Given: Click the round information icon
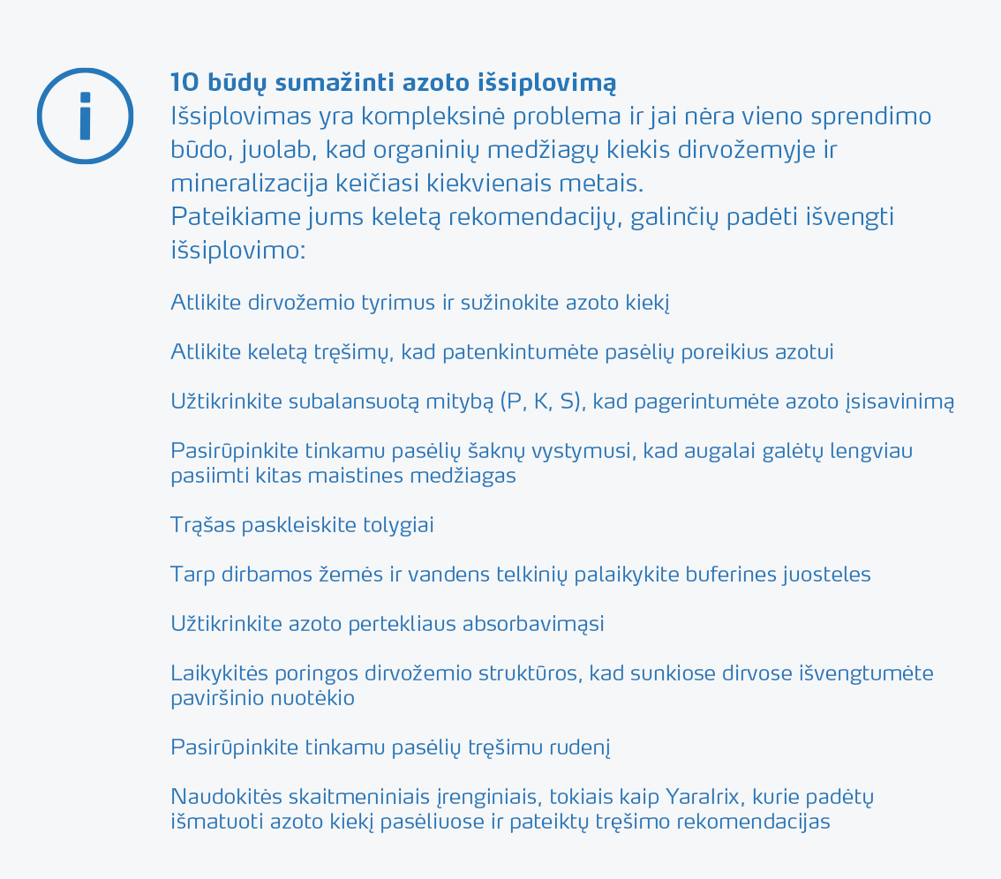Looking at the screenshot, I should [85, 116].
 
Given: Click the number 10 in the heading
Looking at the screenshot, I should [185, 83].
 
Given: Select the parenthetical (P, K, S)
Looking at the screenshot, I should [541, 402].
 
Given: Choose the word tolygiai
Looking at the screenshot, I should [398, 525].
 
